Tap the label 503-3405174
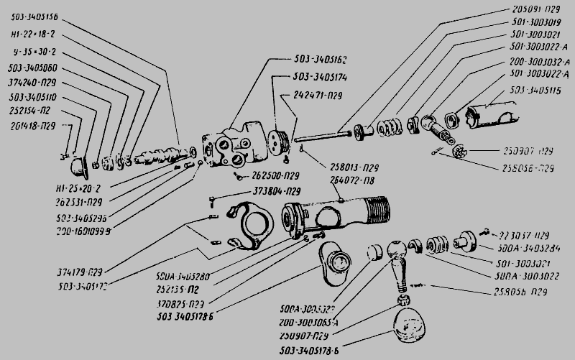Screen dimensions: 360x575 321,76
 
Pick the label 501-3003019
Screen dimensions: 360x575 532,23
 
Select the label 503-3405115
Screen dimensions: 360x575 538,89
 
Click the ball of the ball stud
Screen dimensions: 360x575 397,251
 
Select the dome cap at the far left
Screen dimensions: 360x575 78,167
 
